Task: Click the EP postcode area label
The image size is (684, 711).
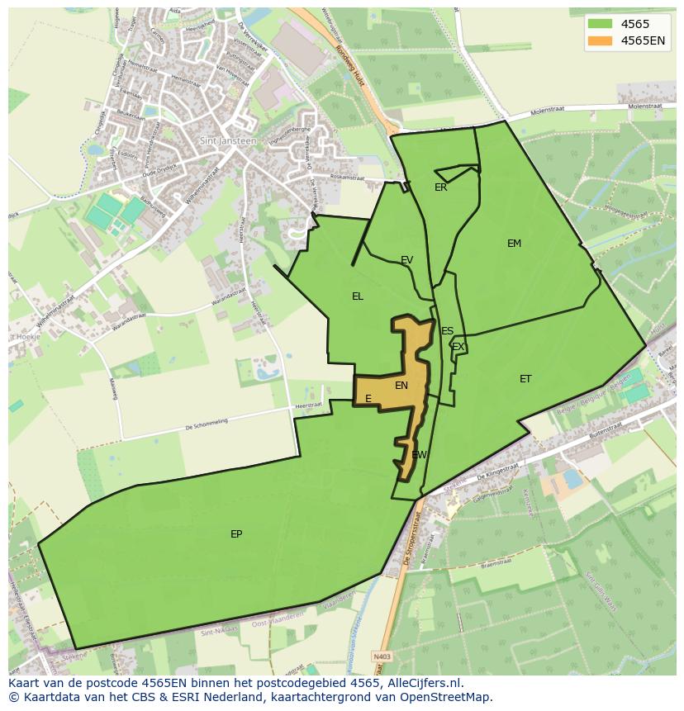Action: tap(236, 534)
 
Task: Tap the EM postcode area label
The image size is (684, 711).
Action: tap(514, 244)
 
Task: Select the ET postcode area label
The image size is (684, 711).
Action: tap(525, 379)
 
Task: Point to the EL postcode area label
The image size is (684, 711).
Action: tap(357, 296)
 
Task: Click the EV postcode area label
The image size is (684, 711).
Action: tap(406, 260)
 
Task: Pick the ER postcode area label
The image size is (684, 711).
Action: tap(440, 187)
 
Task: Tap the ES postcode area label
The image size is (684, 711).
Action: tap(447, 331)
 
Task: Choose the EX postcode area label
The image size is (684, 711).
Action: tap(458, 347)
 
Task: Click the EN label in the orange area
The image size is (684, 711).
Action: tap(401, 386)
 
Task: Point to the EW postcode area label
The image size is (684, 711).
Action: tap(419, 455)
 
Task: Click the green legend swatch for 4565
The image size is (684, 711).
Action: tap(601, 25)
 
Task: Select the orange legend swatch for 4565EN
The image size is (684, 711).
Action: tap(601, 41)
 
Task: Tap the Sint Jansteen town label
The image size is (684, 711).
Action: tap(228, 141)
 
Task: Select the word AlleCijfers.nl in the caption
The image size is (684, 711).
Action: tap(425, 683)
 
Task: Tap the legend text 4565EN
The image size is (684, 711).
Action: tap(643, 41)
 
